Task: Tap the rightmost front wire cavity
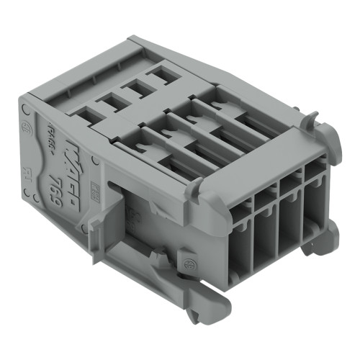pyautogui.click(x=315, y=195)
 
